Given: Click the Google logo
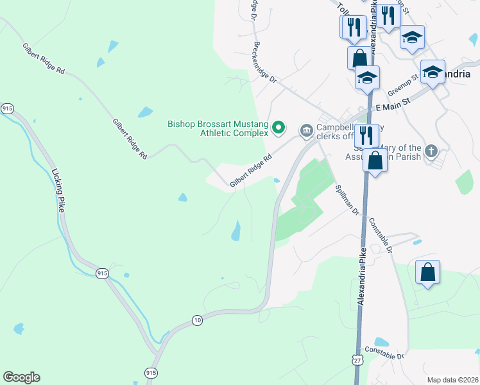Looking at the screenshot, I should point(21,377).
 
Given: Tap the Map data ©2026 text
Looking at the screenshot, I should point(452,380).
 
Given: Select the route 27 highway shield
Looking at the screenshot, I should point(357,360).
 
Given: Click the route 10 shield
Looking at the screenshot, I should point(197,320).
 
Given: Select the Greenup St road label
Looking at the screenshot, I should point(403,82).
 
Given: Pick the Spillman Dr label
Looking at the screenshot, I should point(347,198).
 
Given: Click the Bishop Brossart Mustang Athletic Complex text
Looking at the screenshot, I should point(217,129).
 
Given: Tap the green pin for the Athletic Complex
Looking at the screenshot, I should point(278,128).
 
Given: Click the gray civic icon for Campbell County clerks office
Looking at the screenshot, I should point(306,131).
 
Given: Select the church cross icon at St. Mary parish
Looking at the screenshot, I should point(431,152).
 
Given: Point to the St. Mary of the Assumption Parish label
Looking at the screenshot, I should point(391,152).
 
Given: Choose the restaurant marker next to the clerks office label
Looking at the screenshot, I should point(366,135).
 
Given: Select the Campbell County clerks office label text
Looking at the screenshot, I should point(334,132).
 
